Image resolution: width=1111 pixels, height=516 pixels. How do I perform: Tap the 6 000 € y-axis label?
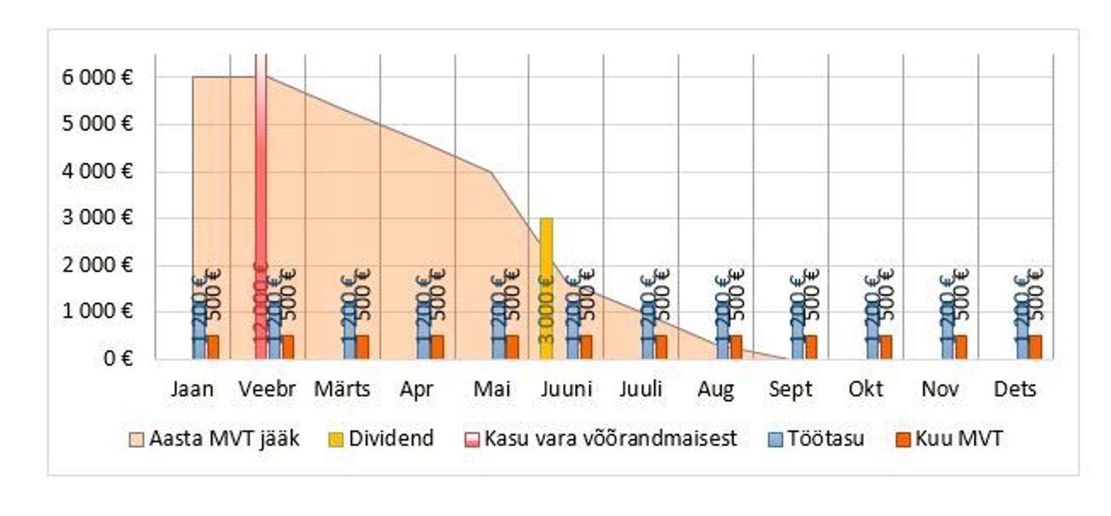coord(97,77)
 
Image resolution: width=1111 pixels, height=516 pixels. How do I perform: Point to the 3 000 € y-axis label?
coord(97,218)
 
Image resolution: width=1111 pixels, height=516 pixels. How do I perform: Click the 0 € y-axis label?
coord(118,359)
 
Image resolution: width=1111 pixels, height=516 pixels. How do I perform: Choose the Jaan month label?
coord(192,389)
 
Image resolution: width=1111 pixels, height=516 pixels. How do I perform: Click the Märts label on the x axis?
coord(342,389)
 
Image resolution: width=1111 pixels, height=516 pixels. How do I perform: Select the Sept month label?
coord(790,389)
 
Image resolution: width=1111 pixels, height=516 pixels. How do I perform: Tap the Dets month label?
coord(1015,389)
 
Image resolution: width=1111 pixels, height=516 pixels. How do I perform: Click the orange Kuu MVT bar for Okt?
coord(886,347)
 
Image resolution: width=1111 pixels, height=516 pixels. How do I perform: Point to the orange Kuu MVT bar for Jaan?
coord(213,347)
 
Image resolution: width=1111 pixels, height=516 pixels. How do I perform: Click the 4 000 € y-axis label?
coord(97,171)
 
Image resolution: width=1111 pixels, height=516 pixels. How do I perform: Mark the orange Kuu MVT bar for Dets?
coord(1035,347)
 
